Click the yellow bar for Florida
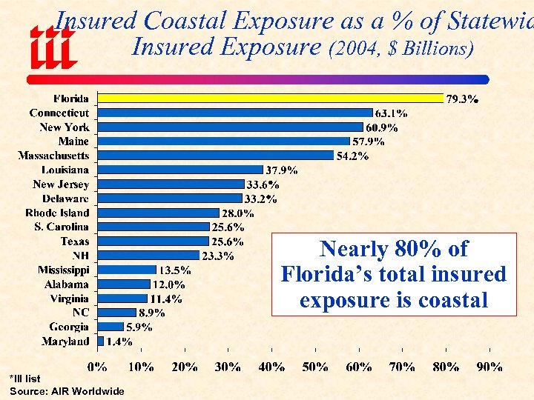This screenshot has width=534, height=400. (271, 98)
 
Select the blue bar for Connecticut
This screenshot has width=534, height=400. (235, 113)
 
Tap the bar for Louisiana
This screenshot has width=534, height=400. (180, 170)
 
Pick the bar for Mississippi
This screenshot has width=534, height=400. (127, 270)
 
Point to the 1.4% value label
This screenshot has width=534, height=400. (119, 341)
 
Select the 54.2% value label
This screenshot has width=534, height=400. (353, 156)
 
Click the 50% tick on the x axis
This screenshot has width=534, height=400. (315, 366)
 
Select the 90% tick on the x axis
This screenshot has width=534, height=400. (489, 366)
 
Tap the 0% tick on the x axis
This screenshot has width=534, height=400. (97, 366)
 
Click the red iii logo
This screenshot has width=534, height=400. (52, 47)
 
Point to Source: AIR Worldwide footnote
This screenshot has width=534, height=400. (67, 390)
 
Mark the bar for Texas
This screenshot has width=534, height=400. (154, 241)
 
